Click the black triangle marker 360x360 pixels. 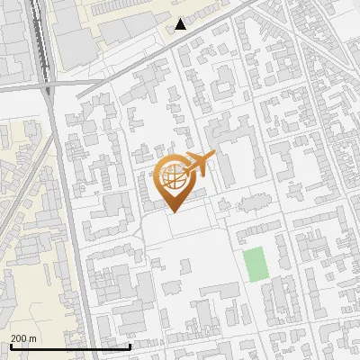coord(181,23)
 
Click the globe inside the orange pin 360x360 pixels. coord(175,178)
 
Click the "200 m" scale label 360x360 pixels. coord(23,338)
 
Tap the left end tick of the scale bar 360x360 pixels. coord(10,345)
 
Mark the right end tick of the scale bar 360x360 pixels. coord(130,345)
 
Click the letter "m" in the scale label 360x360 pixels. coord(32,338)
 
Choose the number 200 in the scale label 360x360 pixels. coord(19,338)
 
